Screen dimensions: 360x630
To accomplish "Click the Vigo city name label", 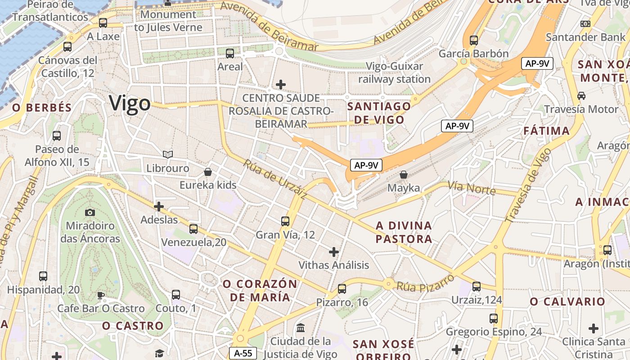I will tap(130, 103).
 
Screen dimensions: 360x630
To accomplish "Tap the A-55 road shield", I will tap(243, 353).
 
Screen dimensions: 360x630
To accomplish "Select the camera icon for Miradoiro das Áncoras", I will tap(90, 212).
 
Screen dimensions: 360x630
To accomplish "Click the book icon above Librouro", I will tap(168, 155).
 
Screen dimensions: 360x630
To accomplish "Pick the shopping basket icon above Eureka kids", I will tap(208, 172).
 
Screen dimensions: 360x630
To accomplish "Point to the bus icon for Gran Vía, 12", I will tap(285, 221).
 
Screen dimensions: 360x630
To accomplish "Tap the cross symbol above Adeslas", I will tap(159, 207).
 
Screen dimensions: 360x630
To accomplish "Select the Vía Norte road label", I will tap(471, 188).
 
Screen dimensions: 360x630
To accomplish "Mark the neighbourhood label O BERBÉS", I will tap(42, 108).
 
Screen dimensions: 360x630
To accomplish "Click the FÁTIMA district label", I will tap(547, 131).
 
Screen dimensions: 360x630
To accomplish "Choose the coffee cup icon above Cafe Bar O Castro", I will tap(101, 295).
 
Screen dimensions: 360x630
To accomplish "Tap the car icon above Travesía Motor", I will tap(581, 95).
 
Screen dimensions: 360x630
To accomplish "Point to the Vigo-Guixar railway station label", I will tap(395, 73).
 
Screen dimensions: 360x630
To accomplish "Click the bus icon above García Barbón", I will tap(473, 40).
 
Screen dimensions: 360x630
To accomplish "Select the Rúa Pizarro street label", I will tap(425, 282).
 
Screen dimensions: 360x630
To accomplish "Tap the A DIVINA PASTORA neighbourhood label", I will tap(404, 232).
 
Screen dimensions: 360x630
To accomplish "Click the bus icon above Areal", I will tap(230, 54).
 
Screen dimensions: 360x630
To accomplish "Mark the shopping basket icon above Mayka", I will tap(404, 174).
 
